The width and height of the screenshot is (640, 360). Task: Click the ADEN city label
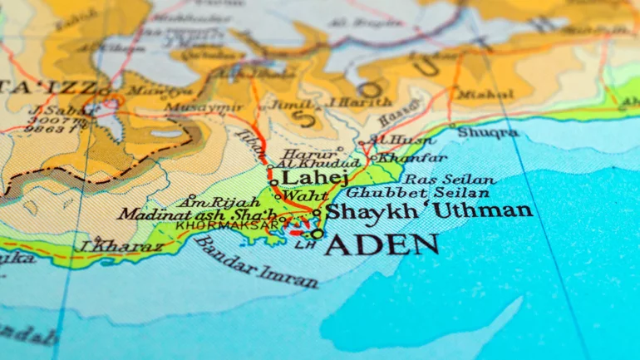pyautogui.click(x=382, y=244)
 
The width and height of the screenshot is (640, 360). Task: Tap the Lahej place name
pyautogui.click(x=304, y=177)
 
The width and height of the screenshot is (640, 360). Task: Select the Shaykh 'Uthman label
pyautogui.click(x=428, y=210)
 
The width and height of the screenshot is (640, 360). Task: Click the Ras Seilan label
pyautogui.click(x=449, y=179)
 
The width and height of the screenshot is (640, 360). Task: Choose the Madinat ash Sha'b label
pyautogui.click(x=196, y=215)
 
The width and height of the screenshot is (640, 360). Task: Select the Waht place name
pyautogui.click(x=300, y=196)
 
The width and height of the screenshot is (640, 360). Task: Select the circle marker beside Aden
pyautogui.click(x=318, y=234)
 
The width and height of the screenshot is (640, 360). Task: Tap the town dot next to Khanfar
pyautogui.click(x=374, y=157)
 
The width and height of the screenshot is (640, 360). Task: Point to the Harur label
pyautogui.click(x=298, y=153)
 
